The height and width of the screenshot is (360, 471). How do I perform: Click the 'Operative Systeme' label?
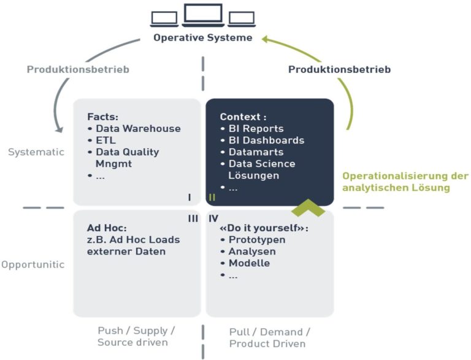[203, 38]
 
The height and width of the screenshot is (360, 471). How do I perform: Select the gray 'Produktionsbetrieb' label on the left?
[78, 69]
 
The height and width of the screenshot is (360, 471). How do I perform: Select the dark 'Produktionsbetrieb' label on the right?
[339, 69]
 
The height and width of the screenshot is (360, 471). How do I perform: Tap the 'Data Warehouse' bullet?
[137, 129]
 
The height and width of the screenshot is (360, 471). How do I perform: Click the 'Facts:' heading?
[102, 117]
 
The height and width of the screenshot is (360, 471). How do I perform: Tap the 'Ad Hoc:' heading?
[107, 227]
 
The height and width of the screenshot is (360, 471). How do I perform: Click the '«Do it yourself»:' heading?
[264, 227]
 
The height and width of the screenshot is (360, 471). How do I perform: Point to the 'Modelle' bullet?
[248, 263]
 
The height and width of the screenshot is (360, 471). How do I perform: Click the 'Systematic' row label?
[36, 152]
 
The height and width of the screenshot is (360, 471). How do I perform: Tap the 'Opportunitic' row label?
[33, 264]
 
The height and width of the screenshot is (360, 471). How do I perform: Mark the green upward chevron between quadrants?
[307, 208]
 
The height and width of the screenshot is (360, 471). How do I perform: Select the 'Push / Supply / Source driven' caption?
[136, 337]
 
